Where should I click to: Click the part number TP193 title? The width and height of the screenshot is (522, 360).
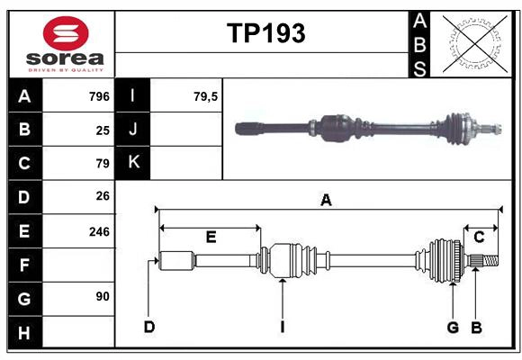tap(265, 33)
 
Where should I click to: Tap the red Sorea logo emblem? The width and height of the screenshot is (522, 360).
tap(66, 36)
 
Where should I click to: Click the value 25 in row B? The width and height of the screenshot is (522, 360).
tap(103, 130)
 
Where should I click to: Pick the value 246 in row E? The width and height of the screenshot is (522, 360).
tap(99, 231)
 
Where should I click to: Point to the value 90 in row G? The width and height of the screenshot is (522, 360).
tap(103, 296)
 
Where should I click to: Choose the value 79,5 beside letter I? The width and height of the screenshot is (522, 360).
tap(206, 96)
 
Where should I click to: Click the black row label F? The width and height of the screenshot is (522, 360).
tap(24, 265)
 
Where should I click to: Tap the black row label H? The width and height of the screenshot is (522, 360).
tap(24, 333)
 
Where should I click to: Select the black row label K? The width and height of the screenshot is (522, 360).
tap(133, 163)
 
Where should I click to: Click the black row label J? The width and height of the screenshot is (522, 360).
tap(133, 130)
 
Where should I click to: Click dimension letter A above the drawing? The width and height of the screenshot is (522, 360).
tap(326, 201)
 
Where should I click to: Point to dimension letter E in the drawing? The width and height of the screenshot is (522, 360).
tap(211, 237)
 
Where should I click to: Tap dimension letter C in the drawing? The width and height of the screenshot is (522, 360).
tap(479, 237)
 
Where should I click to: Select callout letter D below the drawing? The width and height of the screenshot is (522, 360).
tap(148, 327)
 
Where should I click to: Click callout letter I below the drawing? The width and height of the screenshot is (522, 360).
tap(282, 327)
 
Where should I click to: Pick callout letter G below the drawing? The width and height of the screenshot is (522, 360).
tap(454, 327)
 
